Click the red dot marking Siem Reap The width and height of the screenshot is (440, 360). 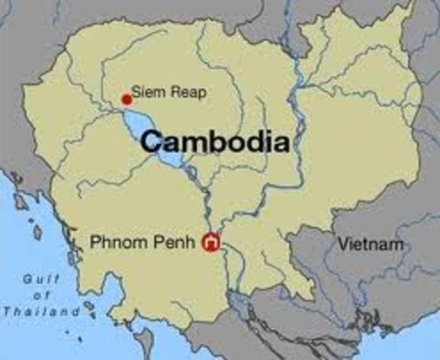126,99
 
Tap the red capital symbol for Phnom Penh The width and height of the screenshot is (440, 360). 211,242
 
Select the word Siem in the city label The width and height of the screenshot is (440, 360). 145,93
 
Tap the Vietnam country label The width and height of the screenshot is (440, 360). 370,244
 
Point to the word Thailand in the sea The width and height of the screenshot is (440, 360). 41,310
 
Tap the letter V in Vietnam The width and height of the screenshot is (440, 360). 342,244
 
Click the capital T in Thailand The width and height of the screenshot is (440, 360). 7,310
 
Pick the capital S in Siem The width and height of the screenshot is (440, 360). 136,93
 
